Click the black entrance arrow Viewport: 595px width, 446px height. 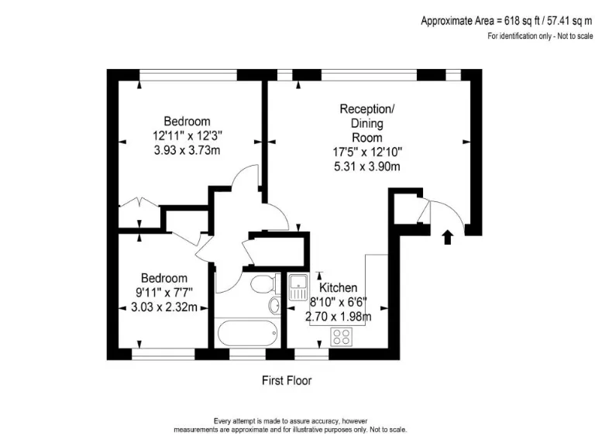tap(447, 235)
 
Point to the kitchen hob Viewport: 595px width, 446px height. tap(342, 336)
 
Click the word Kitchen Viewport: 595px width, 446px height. tap(339, 288)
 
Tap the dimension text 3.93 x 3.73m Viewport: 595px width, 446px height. tap(187, 150)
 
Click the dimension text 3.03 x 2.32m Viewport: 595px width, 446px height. tap(163, 307)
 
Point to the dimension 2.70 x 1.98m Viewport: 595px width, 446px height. tap(340, 316)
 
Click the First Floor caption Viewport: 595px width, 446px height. tap(287, 381)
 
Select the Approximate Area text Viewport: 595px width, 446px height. tap(507, 22)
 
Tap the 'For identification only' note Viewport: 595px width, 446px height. tap(539, 36)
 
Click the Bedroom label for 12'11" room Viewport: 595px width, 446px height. tap(187, 122)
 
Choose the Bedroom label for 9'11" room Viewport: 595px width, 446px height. tap(163, 278)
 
